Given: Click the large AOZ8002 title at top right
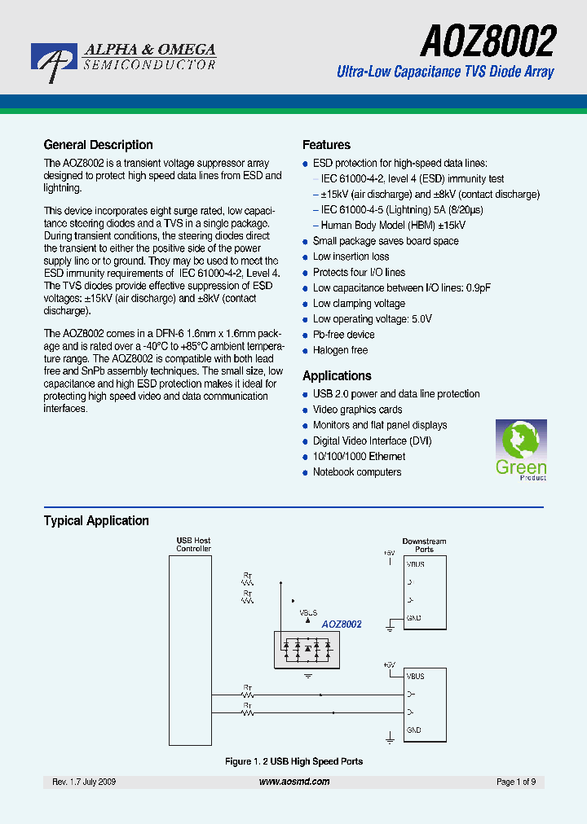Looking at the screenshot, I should pyautogui.click(x=488, y=39).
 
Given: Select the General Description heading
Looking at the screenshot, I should pyautogui.click(x=98, y=145).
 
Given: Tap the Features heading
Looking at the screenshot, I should pyautogui.click(x=326, y=145).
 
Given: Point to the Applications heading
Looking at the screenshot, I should pyautogui.click(x=337, y=376).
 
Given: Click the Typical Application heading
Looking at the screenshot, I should pyautogui.click(x=96, y=521).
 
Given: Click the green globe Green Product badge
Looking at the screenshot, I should pyautogui.click(x=521, y=449).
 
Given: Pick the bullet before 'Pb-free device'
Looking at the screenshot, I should pyautogui.click(x=307, y=335).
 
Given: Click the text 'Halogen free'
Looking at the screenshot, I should pyautogui.click(x=340, y=350).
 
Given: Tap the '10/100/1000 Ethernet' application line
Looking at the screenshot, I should pyautogui.click(x=359, y=457).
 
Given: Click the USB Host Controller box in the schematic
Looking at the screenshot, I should pyautogui.click(x=193, y=644).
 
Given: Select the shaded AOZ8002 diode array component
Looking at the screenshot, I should pyautogui.click(x=307, y=648).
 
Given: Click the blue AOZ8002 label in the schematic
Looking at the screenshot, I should pyautogui.click(x=341, y=625).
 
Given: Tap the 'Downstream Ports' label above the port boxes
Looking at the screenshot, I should pyautogui.click(x=424, y=545).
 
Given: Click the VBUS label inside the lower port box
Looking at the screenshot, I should pyautogui.click(x=415, y=676).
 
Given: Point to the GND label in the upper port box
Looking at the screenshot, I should pyautogui.click(x=413, y=618).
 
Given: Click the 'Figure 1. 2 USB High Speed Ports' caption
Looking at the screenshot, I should pyautogui.click(x=293, y=761).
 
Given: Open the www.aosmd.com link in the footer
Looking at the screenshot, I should pyautogui.click(x=294, y=782).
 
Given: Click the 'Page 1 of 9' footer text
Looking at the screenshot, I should pyautogui.click(x=515, y=782).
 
